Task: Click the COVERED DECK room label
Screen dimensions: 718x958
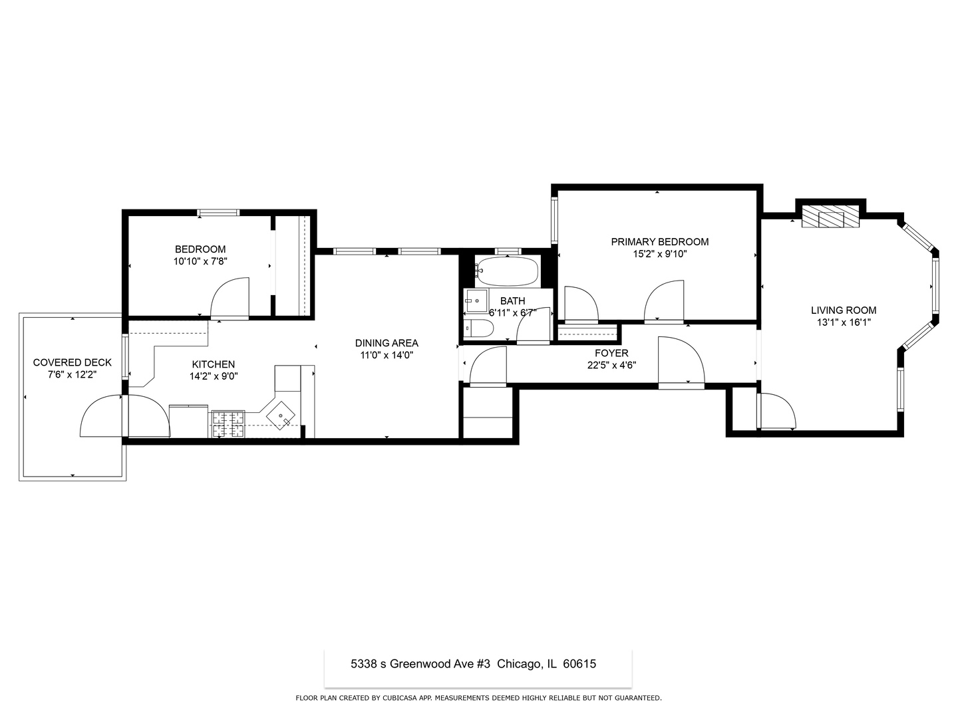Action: [72, 362]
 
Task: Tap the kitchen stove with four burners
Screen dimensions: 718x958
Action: [228, 424]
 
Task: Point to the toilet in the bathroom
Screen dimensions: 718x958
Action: [478, 328]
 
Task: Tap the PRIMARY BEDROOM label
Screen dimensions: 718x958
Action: [659, 242]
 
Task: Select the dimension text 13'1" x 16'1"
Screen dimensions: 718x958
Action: [843, 322]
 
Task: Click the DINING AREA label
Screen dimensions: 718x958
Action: [387, 343]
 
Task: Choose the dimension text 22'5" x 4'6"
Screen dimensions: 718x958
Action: [611, 364]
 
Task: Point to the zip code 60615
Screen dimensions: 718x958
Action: [579, 663]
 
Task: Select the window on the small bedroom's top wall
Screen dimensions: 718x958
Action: [218, 213]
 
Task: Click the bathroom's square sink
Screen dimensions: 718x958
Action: [476, 301]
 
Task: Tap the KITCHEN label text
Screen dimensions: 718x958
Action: [213, 364]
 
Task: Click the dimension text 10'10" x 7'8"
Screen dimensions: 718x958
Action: [200, 261]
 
